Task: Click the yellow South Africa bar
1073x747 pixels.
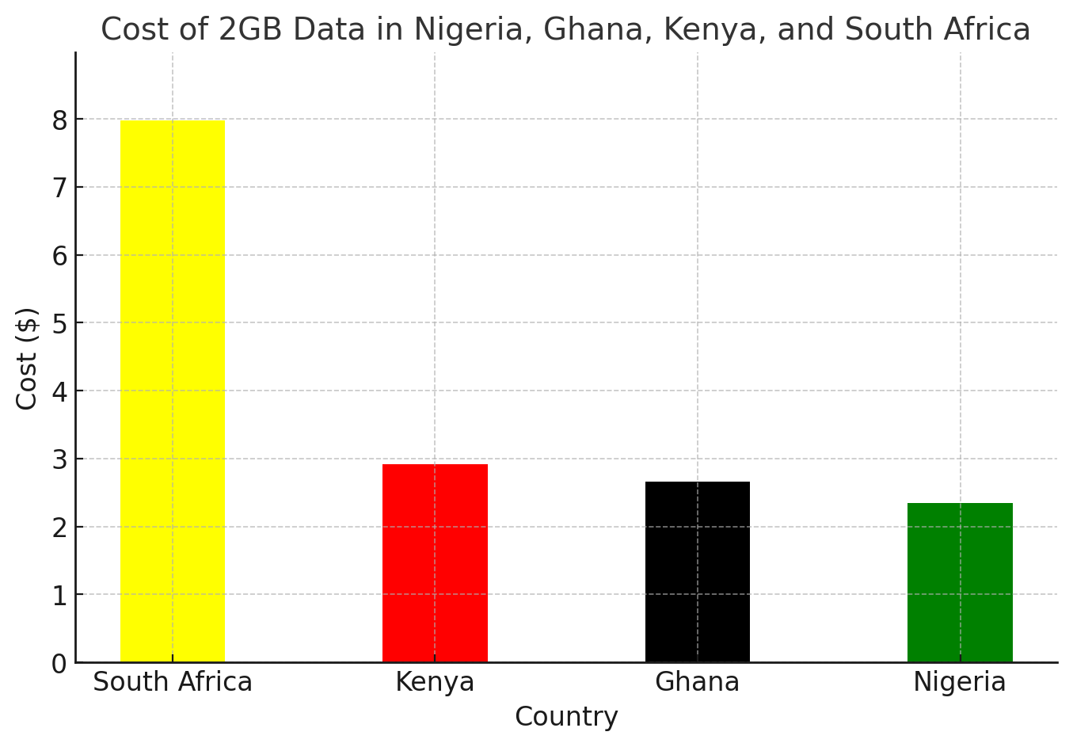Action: point(173,391)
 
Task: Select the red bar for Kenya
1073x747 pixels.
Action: point(435,563)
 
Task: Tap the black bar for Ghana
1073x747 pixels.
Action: point(698,572)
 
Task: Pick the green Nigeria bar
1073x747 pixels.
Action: point(960,582)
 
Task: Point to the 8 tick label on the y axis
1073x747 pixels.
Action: point(60,120)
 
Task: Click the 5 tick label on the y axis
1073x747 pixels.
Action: point(60,324)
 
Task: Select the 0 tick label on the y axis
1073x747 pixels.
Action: point(60,664)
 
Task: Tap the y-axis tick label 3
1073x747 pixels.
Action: point(60,460)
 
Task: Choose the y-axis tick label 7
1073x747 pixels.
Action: point(60,189)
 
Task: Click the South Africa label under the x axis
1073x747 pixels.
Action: point(173,681)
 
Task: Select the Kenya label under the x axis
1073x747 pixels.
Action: point(435,683)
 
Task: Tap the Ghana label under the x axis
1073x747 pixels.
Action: point(698,681)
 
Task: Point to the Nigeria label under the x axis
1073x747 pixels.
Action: point(960,683)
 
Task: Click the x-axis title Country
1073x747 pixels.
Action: point(567,718)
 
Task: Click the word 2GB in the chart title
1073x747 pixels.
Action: point(249,29)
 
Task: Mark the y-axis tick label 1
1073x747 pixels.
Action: point(60,596)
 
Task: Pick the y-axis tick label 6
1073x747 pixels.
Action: point(60,257)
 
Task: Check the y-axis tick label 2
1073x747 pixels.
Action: point(60,528)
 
